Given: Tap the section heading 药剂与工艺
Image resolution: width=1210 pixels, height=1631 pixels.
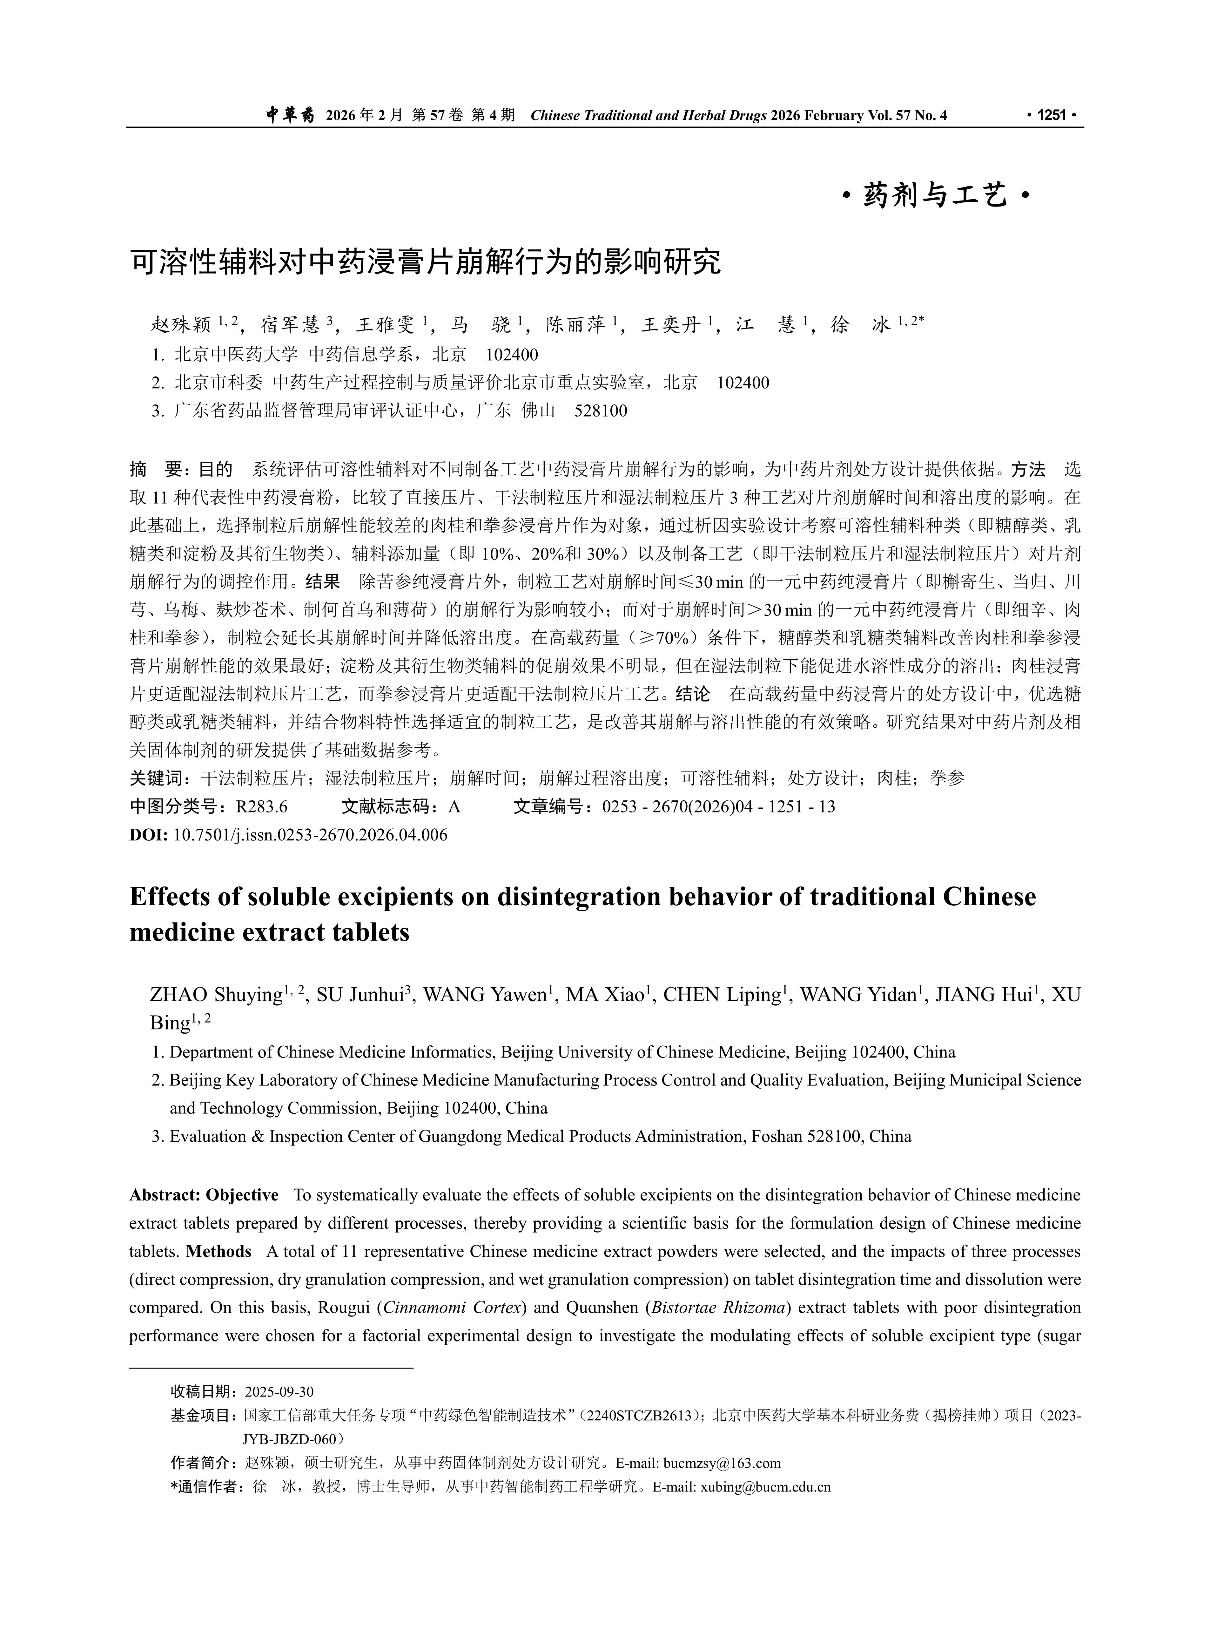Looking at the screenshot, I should [x=935, y=196].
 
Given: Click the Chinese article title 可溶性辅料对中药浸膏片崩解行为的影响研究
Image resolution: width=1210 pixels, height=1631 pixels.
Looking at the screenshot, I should [x=425, y=262].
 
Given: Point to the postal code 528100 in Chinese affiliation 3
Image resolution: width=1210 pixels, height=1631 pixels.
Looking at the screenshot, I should [x=601, y=410].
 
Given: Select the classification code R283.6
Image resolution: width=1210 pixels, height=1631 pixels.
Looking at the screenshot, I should [x=261, y=807].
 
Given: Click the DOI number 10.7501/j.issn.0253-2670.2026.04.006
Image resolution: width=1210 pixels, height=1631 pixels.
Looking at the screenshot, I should [x=310, y=834].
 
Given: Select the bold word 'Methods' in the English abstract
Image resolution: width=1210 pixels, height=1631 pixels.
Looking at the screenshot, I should [x=218, y=1252].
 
